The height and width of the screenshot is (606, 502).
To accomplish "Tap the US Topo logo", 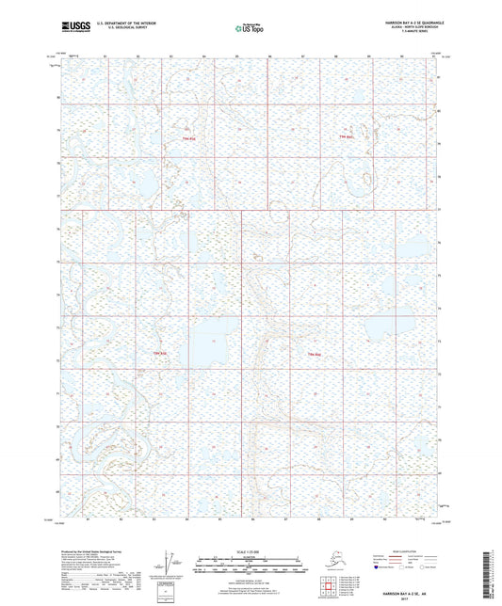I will (x=250, y=29).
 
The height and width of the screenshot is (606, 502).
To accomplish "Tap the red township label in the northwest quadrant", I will (x=187, y=138).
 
